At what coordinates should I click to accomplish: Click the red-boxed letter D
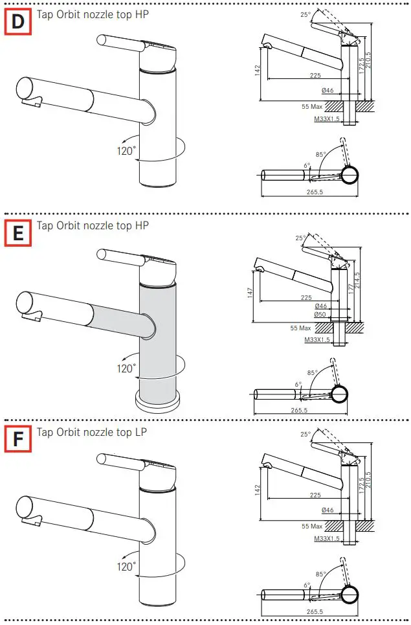tap(18, 23)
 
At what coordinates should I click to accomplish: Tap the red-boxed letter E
tap(18, 233)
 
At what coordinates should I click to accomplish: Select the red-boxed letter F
tap(18, 440)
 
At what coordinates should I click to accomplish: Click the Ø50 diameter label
tap(320, 314)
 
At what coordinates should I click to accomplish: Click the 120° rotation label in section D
tap(126, 151)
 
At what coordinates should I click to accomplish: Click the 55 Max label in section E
tap(300, 328)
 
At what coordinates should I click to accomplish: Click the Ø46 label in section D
tap(327, 91)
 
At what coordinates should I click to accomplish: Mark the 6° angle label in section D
tap(307, 166)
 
